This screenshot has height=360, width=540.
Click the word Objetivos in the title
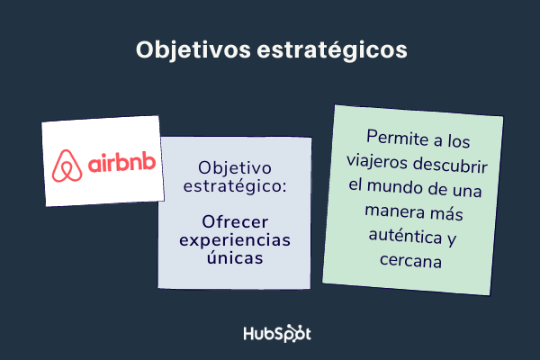188,49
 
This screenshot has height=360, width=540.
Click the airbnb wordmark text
121,165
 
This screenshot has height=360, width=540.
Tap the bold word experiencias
234,240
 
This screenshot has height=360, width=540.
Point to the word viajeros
383,164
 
